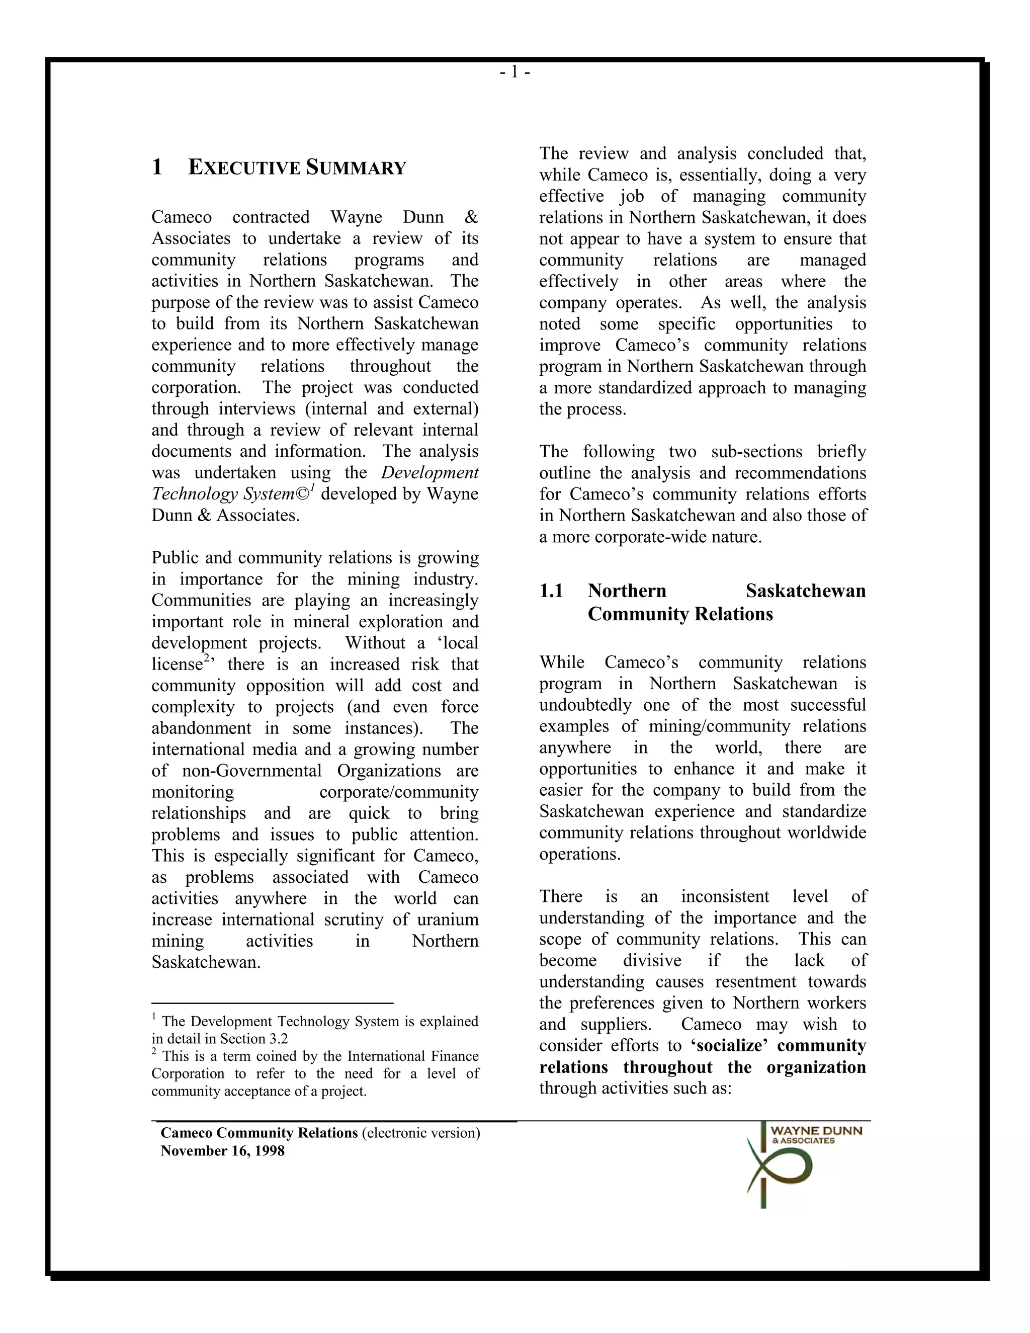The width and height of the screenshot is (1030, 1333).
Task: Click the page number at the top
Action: (514, 72)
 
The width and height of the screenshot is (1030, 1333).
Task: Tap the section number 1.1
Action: (551, 591)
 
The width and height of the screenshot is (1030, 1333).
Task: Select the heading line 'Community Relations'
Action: (680, 614)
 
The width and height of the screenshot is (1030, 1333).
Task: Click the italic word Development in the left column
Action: (430, 472)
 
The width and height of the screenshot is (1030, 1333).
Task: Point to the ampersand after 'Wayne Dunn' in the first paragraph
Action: (471, 217)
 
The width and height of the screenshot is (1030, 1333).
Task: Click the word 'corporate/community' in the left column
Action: (398, 792)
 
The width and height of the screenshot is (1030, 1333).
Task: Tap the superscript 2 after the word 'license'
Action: (207, 658)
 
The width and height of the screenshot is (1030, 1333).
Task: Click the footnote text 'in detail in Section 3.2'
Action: (220, 1039)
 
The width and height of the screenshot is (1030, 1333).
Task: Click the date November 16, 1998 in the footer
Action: (222, 1151)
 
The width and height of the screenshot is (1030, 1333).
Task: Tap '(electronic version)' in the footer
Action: (420, 1133)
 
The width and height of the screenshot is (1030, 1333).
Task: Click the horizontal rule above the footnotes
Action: (272, 1003)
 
